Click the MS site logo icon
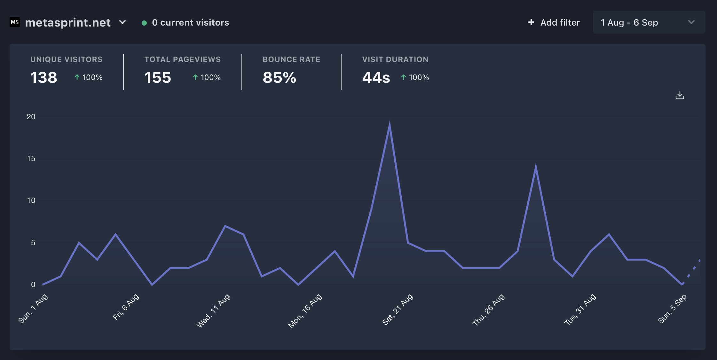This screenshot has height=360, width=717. [15, 22]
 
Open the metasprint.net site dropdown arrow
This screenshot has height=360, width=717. [122, 22]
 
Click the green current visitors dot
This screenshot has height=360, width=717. [144, 23]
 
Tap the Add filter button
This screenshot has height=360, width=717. [554, 22]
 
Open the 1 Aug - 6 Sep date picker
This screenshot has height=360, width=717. [649, 22]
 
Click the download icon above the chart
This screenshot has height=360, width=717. [680, 95]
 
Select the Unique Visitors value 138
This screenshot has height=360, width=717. [44, 78]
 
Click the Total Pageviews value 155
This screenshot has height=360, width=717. [158, 78]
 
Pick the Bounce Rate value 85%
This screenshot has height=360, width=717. [280, 78]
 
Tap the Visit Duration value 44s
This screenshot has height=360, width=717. [376, 78]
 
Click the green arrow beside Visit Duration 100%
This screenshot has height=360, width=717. [404, 77]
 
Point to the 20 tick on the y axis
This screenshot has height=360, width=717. [31, 117]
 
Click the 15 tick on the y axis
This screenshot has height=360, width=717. [31, 159]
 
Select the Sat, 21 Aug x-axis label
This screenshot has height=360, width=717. [398, 309]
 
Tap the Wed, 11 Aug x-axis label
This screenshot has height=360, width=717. [213, 310]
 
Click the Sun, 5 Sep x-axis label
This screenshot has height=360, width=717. [672, 309]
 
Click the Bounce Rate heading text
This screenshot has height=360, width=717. [291, 59]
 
